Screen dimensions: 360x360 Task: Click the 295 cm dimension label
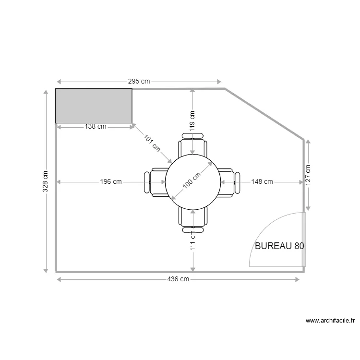(x=138, y=82)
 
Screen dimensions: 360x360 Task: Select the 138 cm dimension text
(x=96, y=127)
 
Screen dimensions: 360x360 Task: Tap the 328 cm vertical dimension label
(x=45, y=181)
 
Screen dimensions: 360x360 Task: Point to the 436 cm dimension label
(x=178, y=279)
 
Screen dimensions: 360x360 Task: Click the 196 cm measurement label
(x=111, y=182)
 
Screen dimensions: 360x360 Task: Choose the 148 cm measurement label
(x=262, y=182)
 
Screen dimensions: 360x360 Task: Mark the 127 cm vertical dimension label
(x=308, y=175)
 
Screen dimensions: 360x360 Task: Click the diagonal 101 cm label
(x=152, y=143)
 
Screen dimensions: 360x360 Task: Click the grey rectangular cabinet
(x=94, y=106)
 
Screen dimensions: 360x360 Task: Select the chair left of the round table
(x=155, y=182)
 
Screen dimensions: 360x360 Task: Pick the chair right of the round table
(x=229, y=182)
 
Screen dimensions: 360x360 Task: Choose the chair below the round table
(x=193, y=218)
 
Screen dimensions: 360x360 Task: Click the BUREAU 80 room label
(x=279, y=246)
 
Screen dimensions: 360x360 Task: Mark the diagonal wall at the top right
(x=264, y=114)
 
